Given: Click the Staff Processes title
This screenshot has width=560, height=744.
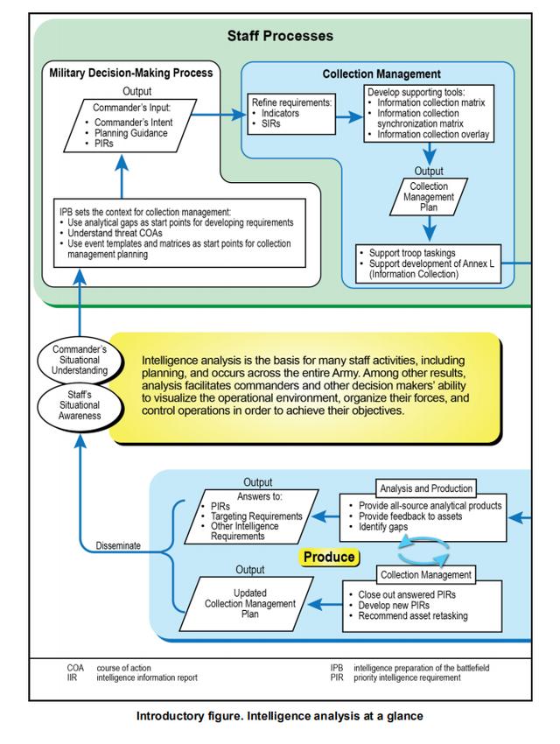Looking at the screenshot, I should [281, 37].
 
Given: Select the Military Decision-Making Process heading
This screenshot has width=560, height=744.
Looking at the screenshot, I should [132, 74].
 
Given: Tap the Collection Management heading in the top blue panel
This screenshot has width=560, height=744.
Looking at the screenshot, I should [381, 74].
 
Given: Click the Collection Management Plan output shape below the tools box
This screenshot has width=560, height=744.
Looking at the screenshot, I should [430, 196].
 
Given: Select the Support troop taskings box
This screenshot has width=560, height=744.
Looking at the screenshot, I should [428, 263].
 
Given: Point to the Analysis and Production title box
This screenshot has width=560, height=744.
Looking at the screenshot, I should [427, 488].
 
